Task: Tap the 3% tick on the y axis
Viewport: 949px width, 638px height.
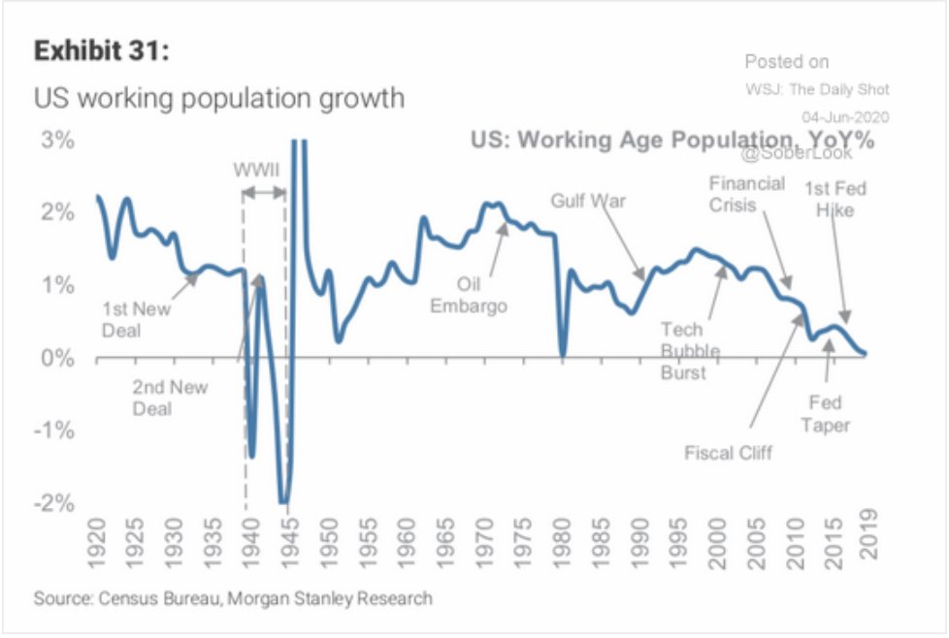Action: pyautogui.click(x=57, y=141)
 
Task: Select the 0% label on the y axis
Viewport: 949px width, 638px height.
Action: pyautogui.click(x=57, y=359)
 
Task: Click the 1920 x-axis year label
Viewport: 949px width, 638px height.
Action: pyautogui.click(x=97, y=558)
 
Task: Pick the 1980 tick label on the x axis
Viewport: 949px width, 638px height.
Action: pyautogui.click(x=563, y=558)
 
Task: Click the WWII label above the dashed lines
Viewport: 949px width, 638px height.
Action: pyautogui.click(x=257, y=171)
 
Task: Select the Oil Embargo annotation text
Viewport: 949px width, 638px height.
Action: pyautogui.click(x=469, y=296)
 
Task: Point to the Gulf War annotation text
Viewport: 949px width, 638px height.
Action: pyautogui.click(x=589, y=202)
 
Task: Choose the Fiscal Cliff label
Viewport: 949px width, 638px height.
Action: pyautogui.click(x=729, y=453)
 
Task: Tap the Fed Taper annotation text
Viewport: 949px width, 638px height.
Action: pyautogui.click(x=828, y=414)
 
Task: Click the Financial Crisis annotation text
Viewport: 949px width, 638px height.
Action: pyautogui.click(x=746, y=194)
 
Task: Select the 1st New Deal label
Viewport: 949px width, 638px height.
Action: pyautogui.click(x=135, y=319)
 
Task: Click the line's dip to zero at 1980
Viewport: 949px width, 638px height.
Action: pyautogui.click(x=563, y=355)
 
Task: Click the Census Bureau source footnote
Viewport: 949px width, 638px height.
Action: pyautogui.click(x=233, y=598)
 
